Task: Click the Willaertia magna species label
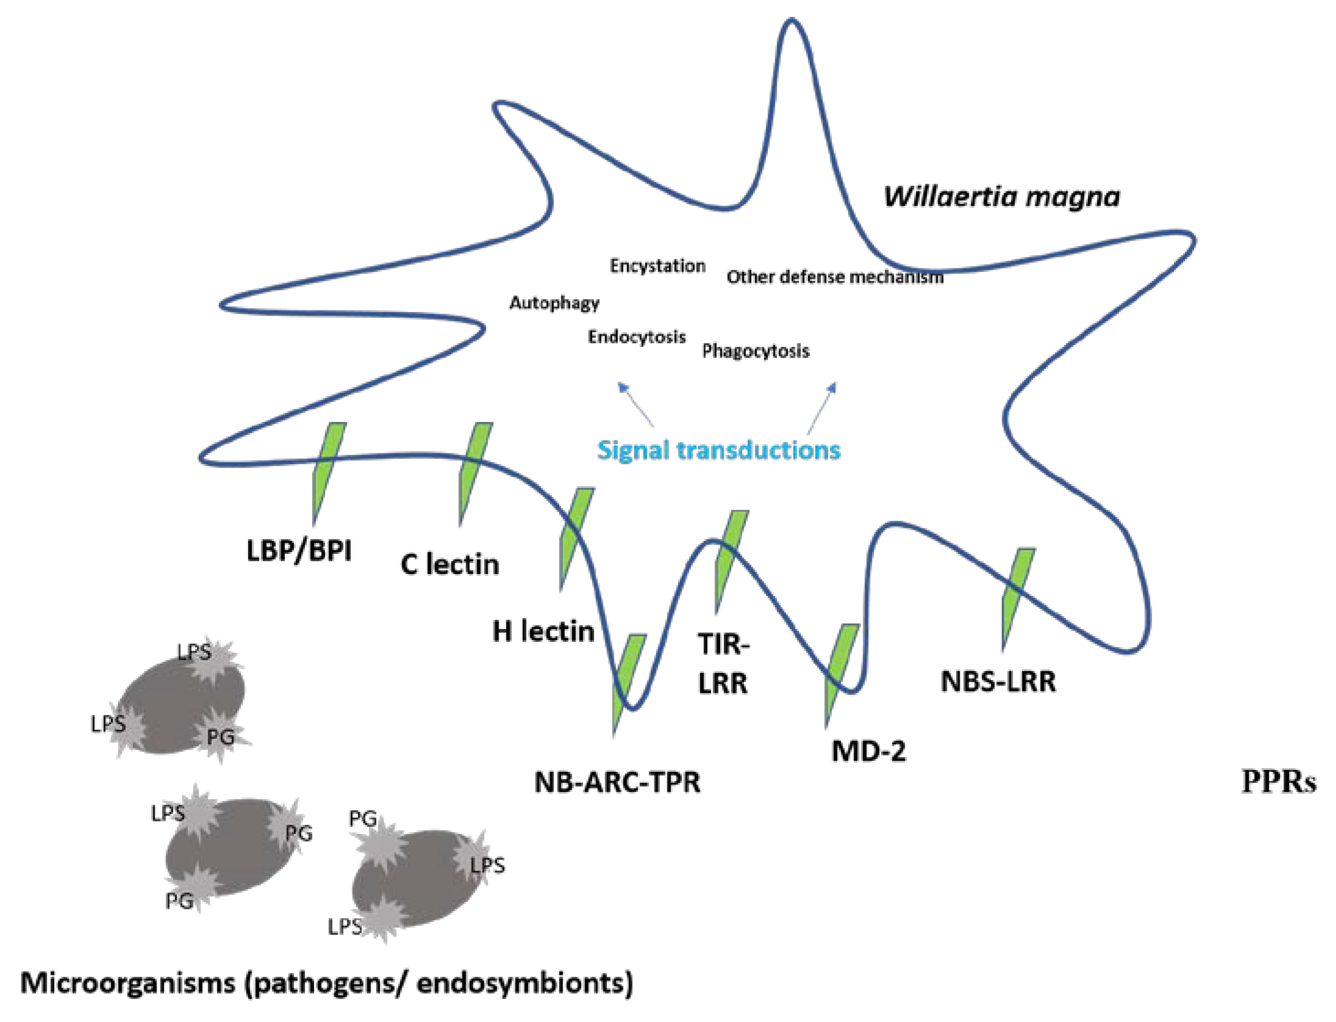[1001, 197]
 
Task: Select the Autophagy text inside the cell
[554, 302]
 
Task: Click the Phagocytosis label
[755, 350]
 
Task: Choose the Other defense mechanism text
[834, 277]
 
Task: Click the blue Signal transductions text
[718, 450]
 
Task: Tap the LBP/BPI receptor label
[299, 552]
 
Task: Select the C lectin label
[450, 564]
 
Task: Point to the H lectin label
[543, 632]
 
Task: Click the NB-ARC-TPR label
[617, 782]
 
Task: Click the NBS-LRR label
[998, 681]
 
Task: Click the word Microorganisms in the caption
[128, 983]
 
